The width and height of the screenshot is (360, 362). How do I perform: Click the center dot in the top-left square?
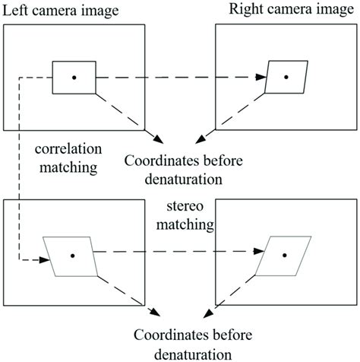tap(74, 78)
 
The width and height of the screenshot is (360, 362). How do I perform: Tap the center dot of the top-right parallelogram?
tap(286, 77)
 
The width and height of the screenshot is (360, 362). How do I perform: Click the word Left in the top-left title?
tap(17, 9)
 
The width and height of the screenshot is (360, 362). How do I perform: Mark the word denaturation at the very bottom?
tap(180, 353)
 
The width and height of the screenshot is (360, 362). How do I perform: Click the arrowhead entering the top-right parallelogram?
tap(263, 77)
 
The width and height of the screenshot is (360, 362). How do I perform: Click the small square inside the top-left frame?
tap(74, 78)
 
